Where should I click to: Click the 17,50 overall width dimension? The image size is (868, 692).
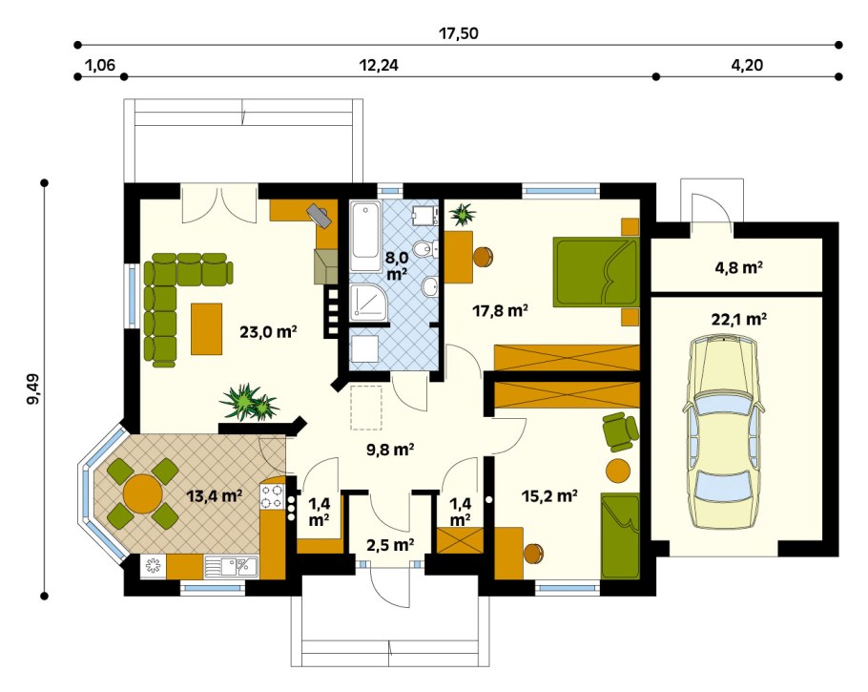click(459, 33)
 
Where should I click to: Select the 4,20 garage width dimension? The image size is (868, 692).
click(747, 65)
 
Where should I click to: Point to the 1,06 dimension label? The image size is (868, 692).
click(100, 65)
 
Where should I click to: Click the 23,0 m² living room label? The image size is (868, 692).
click(268, 332)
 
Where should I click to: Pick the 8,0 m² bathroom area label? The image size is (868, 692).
click(398, 265)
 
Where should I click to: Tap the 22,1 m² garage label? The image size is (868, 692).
click(738, 319)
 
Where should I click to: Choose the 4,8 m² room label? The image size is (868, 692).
click(738, 268)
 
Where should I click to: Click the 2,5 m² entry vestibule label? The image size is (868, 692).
click(390, 545)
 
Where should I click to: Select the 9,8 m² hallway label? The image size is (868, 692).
click(390, 450)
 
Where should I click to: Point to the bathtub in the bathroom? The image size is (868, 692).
click(365, 237)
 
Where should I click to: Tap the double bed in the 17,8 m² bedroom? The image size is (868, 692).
click(597, 271)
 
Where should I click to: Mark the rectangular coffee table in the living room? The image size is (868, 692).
click(206, 328)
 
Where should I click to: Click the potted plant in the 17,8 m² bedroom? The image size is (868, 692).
click(463, 215)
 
